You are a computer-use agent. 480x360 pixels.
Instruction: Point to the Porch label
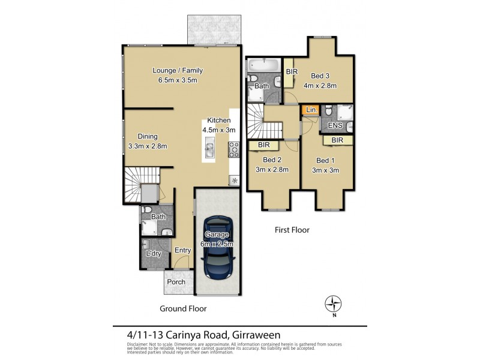tap(176, 282)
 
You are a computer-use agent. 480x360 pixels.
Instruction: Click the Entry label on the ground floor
tap(182, 250)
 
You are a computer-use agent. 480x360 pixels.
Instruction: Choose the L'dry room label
tap(154, 254)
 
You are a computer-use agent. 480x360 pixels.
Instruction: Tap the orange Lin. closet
tap(311, 110)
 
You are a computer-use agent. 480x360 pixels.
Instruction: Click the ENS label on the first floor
tap(335, 127)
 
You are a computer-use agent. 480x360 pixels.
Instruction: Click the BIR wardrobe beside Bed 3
tap(292, 71)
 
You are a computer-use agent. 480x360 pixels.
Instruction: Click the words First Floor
tap(291, 230)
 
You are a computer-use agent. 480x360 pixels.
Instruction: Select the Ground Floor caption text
tap(183, 308)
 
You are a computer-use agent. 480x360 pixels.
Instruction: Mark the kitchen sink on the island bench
tap(210, 147)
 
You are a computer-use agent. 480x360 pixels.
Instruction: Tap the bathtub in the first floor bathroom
tap(264, 64)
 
